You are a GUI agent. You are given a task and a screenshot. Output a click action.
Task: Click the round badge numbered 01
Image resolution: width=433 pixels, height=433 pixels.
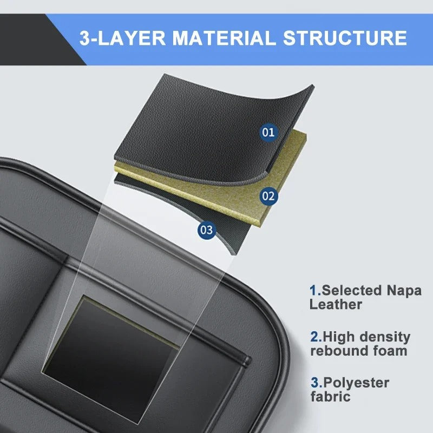coord(268,132)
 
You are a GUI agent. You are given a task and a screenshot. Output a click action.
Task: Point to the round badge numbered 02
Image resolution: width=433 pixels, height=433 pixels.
coord(268,196)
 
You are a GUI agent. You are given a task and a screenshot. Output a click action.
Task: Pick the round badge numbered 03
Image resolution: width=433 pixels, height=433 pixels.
coord(206,229)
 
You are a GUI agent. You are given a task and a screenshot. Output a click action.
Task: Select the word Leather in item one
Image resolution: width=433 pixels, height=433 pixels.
coord(336,304)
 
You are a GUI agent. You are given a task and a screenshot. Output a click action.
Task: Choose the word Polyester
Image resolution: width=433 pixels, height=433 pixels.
coord(356,383)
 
